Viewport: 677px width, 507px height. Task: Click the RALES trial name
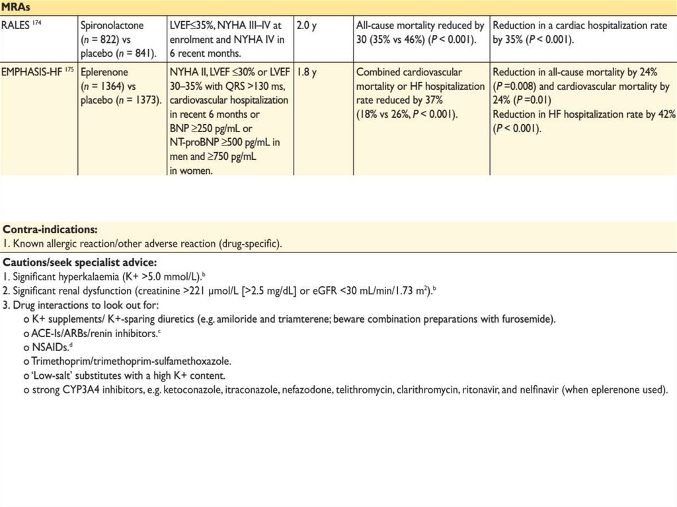(x=16, y=26)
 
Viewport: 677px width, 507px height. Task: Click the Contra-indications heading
(x=50, y=229)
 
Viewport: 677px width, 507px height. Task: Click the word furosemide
(x=531, y=319)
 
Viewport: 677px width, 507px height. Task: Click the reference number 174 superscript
(x=39, y=22)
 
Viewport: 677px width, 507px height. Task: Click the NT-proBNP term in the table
(x=195, y=142)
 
